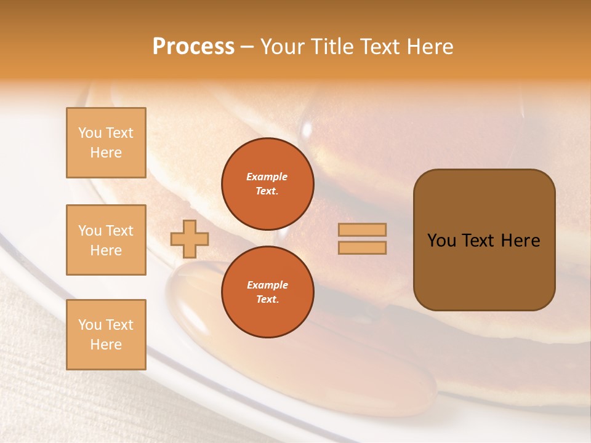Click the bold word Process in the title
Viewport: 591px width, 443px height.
193,46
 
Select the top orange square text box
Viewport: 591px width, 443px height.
106,143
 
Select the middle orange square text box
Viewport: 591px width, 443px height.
106,240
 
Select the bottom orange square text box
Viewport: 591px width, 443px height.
106,334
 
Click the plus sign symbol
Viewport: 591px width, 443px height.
190,239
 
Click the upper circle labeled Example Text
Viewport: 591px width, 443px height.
267,183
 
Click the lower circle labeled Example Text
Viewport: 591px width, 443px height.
267,292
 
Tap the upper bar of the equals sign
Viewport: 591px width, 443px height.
362,229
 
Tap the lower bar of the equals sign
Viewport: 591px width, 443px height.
362,247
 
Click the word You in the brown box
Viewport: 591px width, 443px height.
441,241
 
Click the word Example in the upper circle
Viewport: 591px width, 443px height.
267,177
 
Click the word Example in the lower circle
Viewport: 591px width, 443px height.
267,285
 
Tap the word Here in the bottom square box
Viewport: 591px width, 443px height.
106,345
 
